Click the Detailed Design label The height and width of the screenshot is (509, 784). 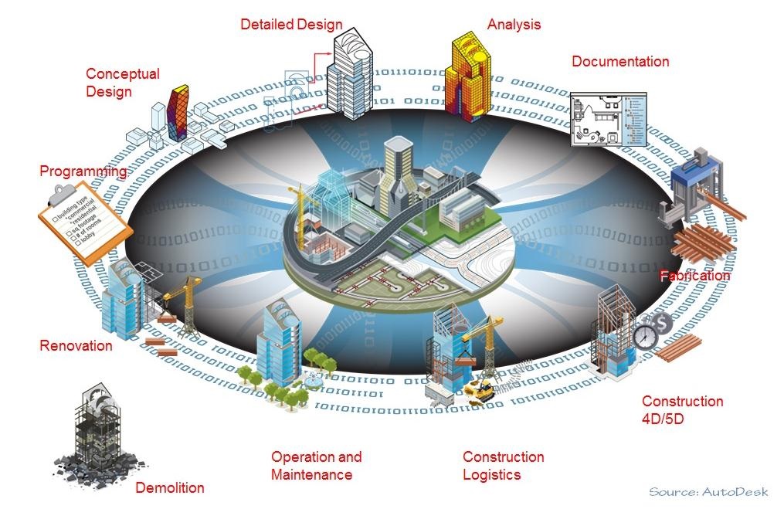pos(291,25)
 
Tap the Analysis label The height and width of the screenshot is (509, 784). pos(514,25)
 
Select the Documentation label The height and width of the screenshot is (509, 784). pos(620,62)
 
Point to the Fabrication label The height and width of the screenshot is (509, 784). pos(694,276)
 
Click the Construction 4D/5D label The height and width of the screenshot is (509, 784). pos(682,410)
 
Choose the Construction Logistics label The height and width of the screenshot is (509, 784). pos(503,466)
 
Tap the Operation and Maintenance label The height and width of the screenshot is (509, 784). pos(316,466)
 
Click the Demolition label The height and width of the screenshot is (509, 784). pos(170,488)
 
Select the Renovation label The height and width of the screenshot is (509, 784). pos(76,345)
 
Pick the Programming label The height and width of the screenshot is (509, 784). pos(83,171)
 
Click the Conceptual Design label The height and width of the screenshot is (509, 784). pos(122,83)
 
